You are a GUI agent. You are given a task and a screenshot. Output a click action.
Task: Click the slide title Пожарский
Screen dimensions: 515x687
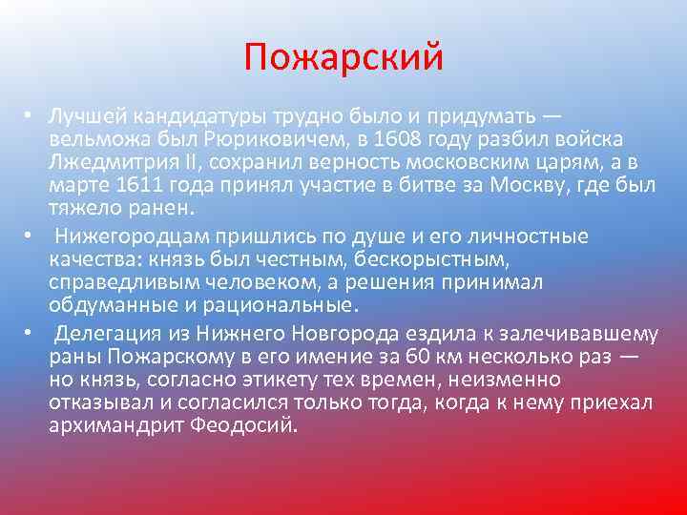click(x=343, y=57)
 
